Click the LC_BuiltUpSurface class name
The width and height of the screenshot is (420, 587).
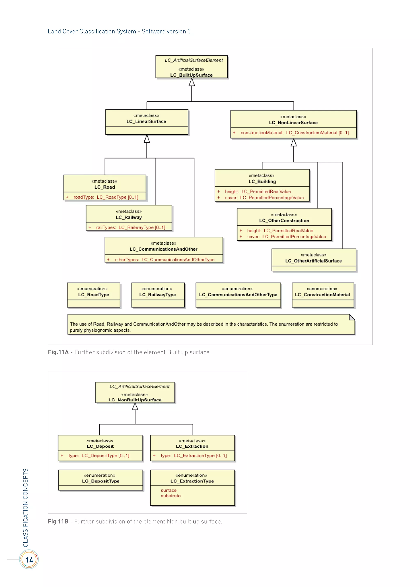coord(191,75)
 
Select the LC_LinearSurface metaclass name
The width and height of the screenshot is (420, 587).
coord(146,121)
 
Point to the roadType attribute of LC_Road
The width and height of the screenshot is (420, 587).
coord(106,197)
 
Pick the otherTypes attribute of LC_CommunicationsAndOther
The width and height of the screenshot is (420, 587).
coord(164,260)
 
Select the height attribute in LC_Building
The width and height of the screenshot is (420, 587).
coord(258,192)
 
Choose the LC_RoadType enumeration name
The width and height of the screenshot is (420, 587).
coord(94,295)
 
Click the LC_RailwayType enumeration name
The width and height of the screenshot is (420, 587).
coord(157,295)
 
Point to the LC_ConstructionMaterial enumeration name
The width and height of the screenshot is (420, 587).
coord(322,295)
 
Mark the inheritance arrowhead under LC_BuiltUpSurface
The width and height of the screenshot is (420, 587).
coord(192,82)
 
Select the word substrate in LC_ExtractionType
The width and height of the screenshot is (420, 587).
coord(171,496)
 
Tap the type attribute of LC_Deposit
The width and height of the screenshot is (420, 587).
coord(98,456)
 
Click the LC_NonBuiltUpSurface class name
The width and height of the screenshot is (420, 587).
coord(135,400)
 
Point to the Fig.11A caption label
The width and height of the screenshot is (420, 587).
coord(58,352)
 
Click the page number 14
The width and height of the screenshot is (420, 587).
coord(29,560)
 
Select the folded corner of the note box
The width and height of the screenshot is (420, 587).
coord(352,317)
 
